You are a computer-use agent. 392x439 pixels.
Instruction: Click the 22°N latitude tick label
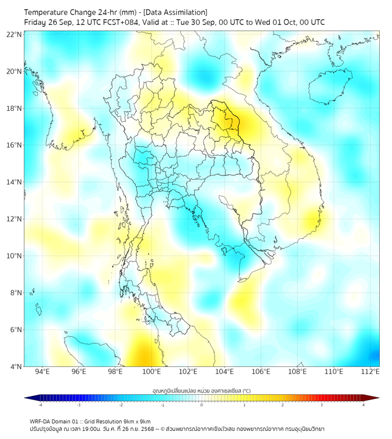click(14, 34)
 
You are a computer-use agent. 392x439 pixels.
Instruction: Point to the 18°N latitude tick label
click(14, 109)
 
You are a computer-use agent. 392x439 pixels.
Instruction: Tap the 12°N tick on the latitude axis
click(14, 219)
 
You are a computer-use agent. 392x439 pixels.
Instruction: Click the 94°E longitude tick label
click(42, 372)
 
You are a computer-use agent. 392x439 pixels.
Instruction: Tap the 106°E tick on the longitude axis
click(261, 372)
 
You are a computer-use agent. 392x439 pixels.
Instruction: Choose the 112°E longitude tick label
click(370, 372)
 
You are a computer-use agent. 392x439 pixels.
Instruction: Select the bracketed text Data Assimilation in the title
click(175, 12)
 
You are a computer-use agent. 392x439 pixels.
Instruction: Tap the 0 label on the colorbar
click(202, 405)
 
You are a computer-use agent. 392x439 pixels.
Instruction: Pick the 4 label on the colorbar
click(364, 405)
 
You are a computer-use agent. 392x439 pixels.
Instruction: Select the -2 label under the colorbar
click(120, 405)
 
